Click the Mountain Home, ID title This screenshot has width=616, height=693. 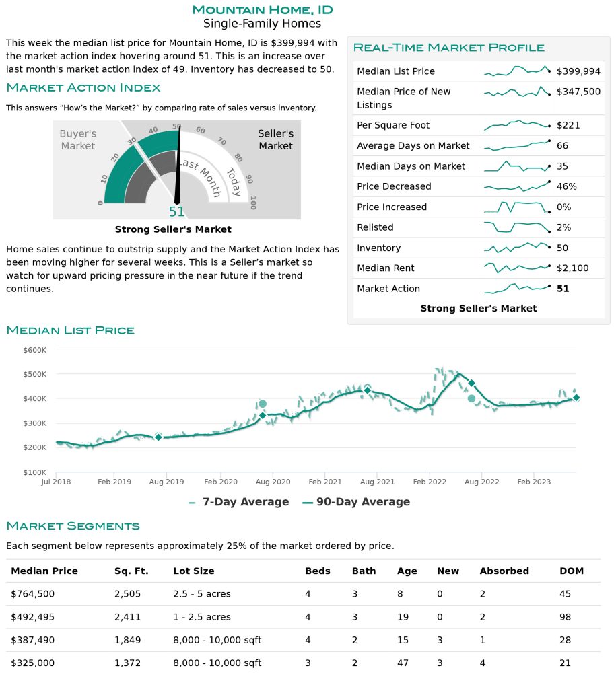262,9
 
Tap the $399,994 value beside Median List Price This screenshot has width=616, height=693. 578,71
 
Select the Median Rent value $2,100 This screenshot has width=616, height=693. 572,268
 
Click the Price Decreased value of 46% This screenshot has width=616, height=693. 566,186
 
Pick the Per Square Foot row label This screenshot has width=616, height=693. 392,125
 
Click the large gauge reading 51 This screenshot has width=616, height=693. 176,211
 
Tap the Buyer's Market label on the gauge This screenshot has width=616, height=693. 77,139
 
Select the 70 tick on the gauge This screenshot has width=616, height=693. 219,143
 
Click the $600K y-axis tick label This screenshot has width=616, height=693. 34,350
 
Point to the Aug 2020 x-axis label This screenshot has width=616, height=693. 273,482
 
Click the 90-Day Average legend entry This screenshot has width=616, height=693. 356,502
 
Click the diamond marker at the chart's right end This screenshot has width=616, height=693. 576,398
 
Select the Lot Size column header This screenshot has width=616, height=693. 193,571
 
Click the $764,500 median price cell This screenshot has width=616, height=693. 32,593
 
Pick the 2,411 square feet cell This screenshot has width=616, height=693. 127,617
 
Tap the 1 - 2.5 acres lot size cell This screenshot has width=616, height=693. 201,617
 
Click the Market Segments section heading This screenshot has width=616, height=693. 73,525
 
